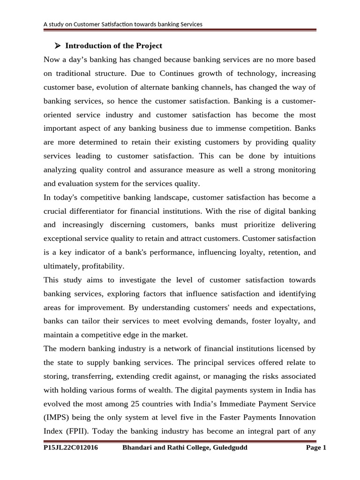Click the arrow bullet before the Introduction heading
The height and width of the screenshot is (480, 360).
click(58, 46)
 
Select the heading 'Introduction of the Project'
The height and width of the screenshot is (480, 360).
click(113, 46)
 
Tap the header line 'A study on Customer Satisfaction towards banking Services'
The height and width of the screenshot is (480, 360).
click(123, 24)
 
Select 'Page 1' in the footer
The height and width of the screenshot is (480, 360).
click(315, 448)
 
